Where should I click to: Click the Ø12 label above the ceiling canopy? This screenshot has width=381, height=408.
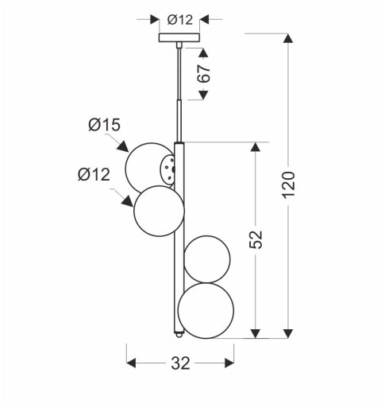click(x=181, y=20)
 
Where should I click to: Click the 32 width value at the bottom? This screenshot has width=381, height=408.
click(x=181, y=363)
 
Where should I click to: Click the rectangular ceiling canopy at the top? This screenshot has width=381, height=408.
click(x=181, y=37)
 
